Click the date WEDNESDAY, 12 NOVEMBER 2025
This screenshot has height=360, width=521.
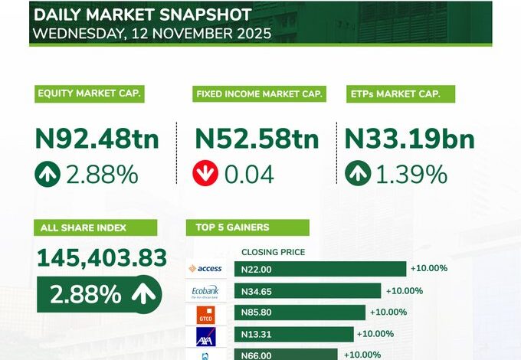[152, 34]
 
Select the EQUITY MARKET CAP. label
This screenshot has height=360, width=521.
[90, 94]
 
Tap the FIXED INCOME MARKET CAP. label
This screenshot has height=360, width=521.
[259, 94]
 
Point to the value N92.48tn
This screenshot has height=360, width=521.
[97, 139]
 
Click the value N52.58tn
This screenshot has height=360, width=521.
[257, 139]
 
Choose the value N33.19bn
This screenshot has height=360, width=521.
[409, 139]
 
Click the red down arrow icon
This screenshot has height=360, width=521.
[205, 174]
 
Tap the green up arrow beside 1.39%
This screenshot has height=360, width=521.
[357, 174]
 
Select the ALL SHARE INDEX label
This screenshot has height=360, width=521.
[95, 227]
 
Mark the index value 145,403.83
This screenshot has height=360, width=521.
[101, 259]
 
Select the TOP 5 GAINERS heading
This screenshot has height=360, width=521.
[247, 227]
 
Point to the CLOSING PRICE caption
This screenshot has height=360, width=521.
[273, 252]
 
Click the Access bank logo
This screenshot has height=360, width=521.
[205, 269]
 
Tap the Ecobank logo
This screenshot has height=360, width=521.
[205, 291]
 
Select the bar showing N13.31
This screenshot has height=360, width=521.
[294, 334]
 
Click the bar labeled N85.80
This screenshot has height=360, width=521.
[300, 313]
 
